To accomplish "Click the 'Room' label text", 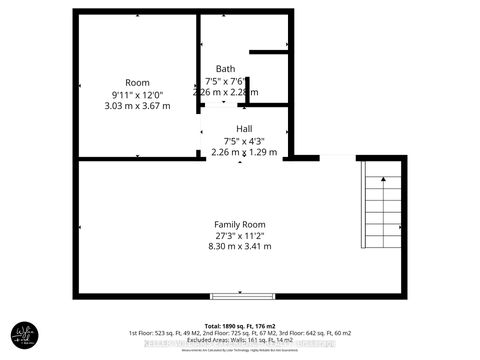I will (x=137, y=82).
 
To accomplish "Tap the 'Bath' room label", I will (x=226, y=69).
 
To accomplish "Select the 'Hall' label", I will (x=244, y=129).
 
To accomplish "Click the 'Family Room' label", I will (x=240, y=224).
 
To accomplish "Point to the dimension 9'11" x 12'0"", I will (x=137, y=93).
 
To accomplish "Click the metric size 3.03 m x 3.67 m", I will (x=137, y=104).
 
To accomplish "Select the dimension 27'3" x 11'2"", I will (x=240, y=235).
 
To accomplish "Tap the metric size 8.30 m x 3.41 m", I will (x=240, y=246).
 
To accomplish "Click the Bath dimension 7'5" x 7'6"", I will (x=226, y=80).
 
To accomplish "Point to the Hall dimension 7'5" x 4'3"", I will (x=244, y=140).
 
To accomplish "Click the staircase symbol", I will (x=379, y=209).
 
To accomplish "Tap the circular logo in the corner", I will (x=25, y=335).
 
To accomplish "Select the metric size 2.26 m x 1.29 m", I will (x=244, y=151).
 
